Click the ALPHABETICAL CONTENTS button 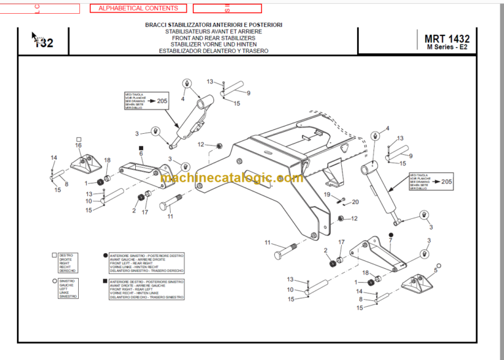[x=138, y=9]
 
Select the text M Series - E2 [x=447, y=48]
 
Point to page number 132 [x=43, y=43]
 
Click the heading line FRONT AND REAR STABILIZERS [x=214, y=38]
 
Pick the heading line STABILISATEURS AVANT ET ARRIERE [x=214, y=31]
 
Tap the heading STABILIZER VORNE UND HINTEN [x=214, y=44]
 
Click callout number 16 [x=78, y=145]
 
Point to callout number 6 [x=140, y=153]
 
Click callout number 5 [x=436, y=270]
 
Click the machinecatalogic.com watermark [x=232, y=178]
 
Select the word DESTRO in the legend [x=66, y=254]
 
